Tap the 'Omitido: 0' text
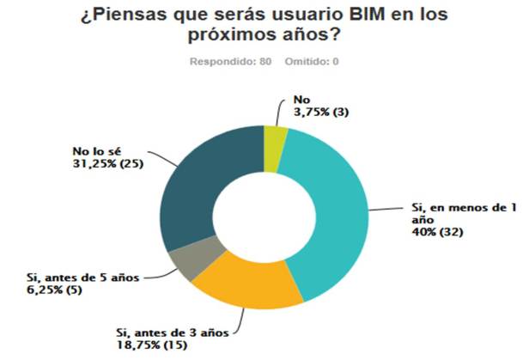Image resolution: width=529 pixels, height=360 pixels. (x=310, y=61)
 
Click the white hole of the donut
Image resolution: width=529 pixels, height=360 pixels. (x=264, y=218)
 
